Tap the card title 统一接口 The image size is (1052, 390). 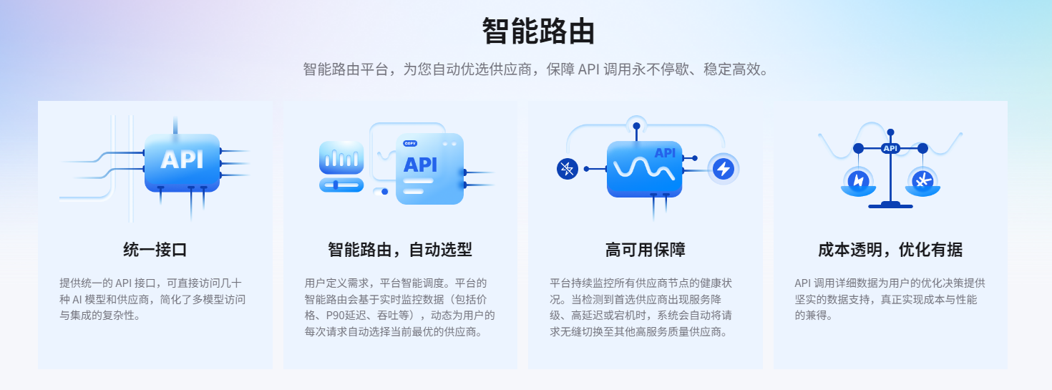point(155,250)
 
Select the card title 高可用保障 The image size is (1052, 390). point(646,250)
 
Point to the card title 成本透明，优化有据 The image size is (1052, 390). point(890,250)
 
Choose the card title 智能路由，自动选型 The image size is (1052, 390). point(400,250)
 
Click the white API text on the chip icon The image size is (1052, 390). point(182,158)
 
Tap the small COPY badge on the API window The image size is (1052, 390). point(410,143)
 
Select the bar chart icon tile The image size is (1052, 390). point(341,157)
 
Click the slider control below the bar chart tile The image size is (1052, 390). point(341,185)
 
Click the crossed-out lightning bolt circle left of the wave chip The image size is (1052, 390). point(567,169)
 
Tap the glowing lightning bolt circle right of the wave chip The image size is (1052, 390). point(724,169)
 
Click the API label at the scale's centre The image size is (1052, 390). point(890,148)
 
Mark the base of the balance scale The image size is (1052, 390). point(890,205)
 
